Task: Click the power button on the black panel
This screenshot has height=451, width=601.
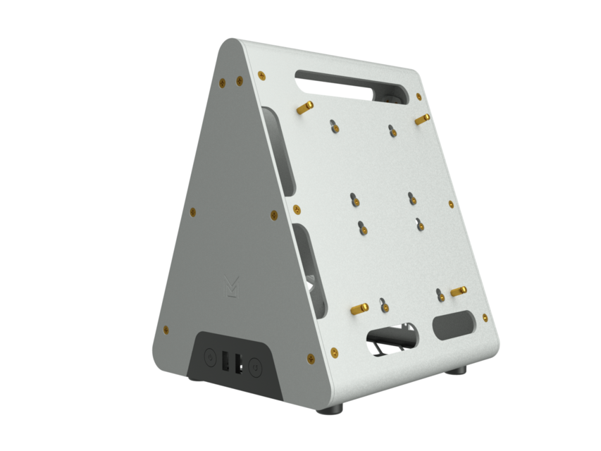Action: pyautogui.click(x=210, y=357)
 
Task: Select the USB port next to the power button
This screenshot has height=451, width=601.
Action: pyautogui.click(x=225, y=361)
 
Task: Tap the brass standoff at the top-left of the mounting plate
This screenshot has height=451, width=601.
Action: pyautogui.click(x=305, y=107)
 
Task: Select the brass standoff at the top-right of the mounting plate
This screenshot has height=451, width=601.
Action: pyautogui.click(x=421, y=120)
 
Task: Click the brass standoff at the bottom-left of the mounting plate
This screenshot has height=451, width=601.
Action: pyautogui.click(x=359, y=309)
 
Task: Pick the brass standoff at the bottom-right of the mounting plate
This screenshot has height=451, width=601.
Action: pyautogui.click(x=459, y=290)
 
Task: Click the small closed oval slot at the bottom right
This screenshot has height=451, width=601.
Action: pyautogui.click(x=454, y=326)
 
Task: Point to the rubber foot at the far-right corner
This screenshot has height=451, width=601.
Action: pyautogui.click(x=458, y=370)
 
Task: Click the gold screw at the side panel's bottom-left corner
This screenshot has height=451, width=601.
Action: pyautogui.click(x=166, y=329)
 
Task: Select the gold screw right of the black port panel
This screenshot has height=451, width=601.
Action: pyautogui.click(x=310, y=359)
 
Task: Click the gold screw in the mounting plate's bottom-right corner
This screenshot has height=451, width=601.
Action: pyautogui.click(x=485, y=318)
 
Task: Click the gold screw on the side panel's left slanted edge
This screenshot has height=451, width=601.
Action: pyautogui.click(x=193, y=211)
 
